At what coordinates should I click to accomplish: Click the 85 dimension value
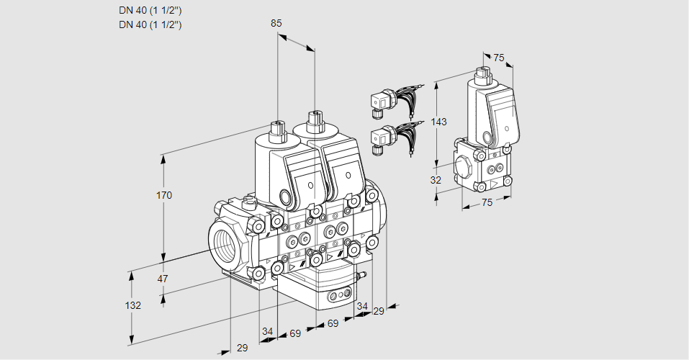coord(276,23)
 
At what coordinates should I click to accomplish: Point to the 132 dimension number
coord(132,305)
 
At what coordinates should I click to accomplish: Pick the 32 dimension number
coord(436,180)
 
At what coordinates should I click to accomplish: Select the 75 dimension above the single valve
coord(499,58)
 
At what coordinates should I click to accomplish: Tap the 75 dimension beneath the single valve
coord(487,203)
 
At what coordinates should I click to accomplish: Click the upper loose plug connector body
coord(379,104)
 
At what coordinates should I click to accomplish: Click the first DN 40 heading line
coord(150,10)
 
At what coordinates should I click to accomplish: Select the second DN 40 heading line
coord(150,24)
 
